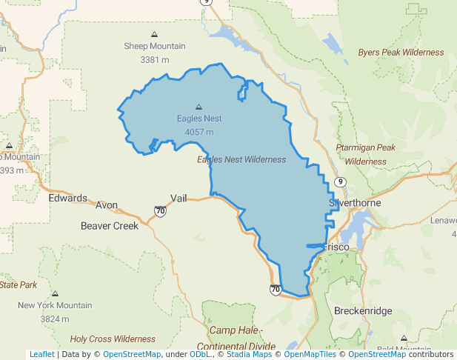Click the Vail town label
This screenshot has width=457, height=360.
click(x=179, y=198)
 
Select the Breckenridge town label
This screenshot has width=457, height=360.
click(x=363, y=311)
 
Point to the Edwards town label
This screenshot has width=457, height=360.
click(x=67, y=199)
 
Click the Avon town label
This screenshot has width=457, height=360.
click(x=107, y=204)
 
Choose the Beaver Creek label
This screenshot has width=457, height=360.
click(x=110, y=225)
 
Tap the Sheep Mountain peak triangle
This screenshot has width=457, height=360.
click(x=154, y=34)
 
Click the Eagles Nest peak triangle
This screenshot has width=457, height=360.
click(x=199, y=106)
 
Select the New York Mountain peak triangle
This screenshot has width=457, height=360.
click(x=55, y=293)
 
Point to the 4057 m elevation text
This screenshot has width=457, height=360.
click(x=199, y=132)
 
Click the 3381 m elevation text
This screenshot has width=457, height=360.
click(x=154, y=59)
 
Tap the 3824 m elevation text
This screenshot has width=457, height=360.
click(x=55, y=319)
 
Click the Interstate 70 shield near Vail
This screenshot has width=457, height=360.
click(x=160, y=211)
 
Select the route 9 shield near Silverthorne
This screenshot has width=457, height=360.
click(x=340, y=181)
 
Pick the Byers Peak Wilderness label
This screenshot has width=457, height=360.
click(x=401, y=53)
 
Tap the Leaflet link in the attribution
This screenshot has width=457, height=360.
click(x=41, y=355)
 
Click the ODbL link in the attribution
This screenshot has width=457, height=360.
click(x=200, y=355)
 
